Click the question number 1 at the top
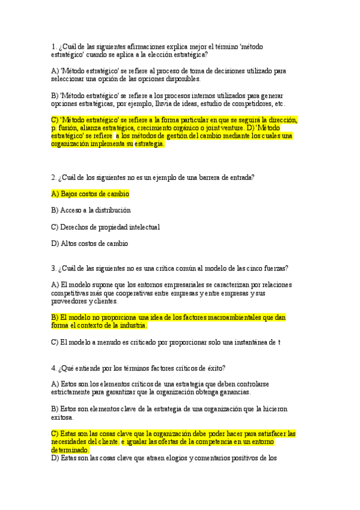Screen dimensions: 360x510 click(53, 46)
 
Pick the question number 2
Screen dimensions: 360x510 click(53, 177)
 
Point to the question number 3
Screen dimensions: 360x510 click(53, 268)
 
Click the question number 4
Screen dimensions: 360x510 click(53, 367)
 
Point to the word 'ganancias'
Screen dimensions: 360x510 click(232, 392)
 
